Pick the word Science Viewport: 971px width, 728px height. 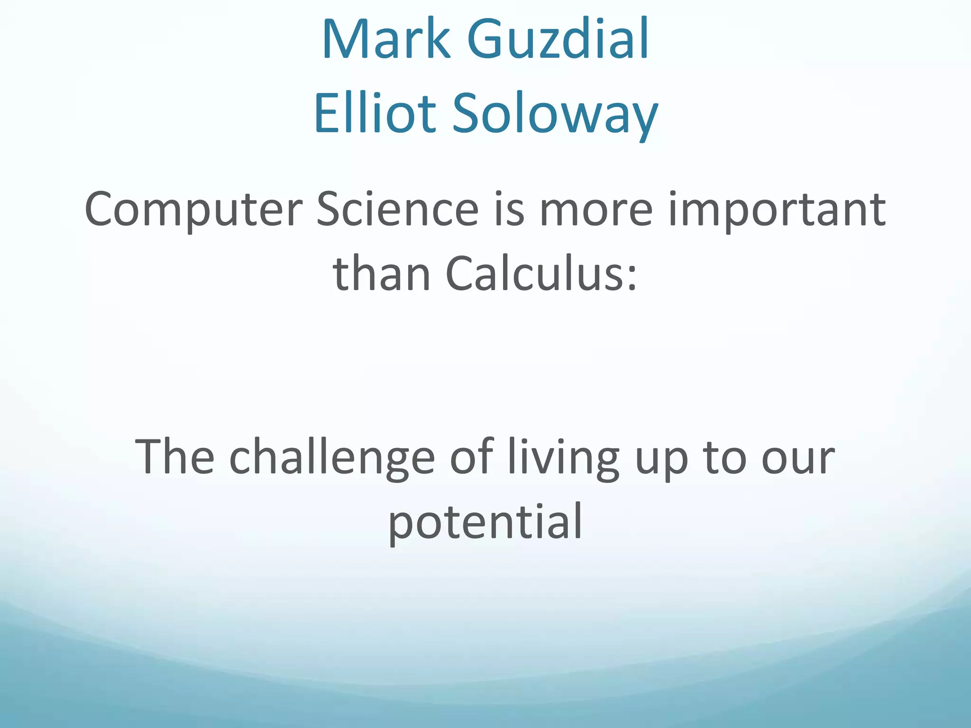tap(397, 209)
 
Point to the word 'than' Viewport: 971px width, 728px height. tap(382, 274)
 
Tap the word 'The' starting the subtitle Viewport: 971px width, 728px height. tap(174, 456)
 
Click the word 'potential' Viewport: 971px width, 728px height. tap(485, 521)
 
